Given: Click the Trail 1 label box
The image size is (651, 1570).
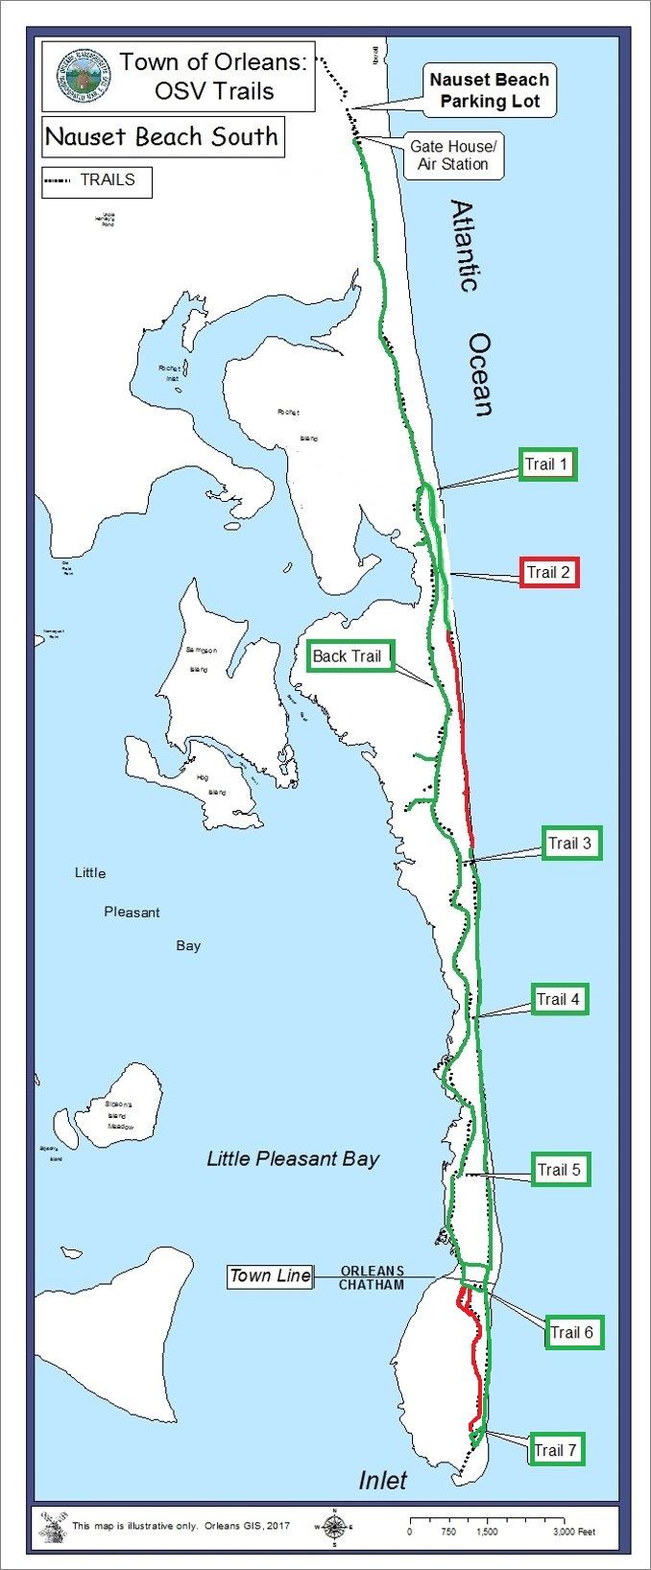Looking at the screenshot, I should coord(547,464).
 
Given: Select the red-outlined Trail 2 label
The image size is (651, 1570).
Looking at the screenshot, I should coord(548,573).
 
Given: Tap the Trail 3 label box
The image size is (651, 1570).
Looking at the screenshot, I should coord(570,844).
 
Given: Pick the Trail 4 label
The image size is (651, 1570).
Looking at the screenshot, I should coord(558,999).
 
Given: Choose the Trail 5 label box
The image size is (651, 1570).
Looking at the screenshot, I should coord(559,1170).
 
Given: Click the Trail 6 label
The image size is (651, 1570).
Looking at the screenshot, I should coord(571,1332).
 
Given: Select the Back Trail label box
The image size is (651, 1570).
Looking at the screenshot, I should coord(347,656).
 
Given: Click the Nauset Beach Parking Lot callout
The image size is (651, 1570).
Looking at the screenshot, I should coord(489,91).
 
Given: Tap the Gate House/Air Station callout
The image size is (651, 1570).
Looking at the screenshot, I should coord(453,155).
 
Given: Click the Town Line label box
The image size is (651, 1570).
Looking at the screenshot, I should coord(270,1275).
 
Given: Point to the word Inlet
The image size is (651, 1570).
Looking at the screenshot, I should coord(382,1481).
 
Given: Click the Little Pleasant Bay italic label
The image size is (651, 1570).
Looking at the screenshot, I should coord(293,1158).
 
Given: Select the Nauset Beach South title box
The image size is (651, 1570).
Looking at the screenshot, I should coord(161,136).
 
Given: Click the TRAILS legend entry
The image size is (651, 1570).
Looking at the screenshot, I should coord(96,180).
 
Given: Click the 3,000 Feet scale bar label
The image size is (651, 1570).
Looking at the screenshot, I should coord(574,1532).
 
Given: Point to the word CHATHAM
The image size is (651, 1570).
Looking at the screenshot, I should coord(371,1284).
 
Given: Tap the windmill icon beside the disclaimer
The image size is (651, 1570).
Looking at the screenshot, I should coord(54,1526).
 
